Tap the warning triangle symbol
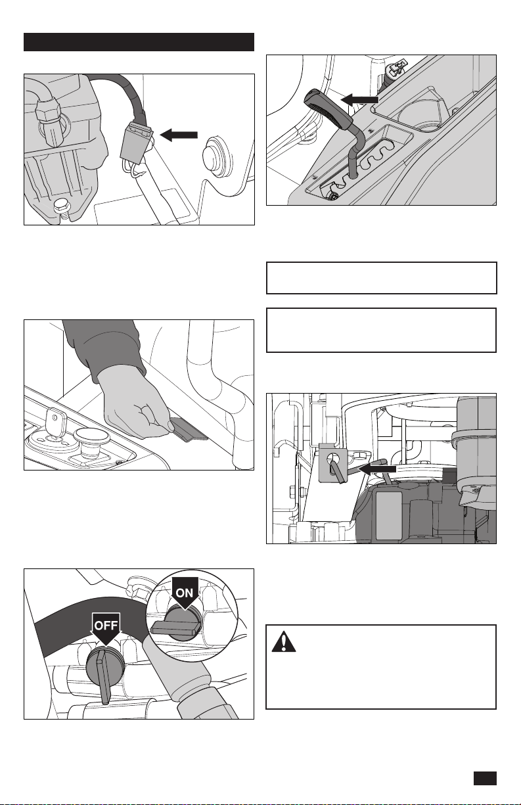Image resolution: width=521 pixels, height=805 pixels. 284,641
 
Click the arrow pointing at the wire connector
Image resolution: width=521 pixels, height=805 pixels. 179,135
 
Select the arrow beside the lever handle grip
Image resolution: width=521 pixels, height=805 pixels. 359,99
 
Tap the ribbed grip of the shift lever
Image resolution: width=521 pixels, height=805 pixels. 327,108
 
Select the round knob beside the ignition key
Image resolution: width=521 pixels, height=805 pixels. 91,438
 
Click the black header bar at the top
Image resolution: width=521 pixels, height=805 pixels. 139,42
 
